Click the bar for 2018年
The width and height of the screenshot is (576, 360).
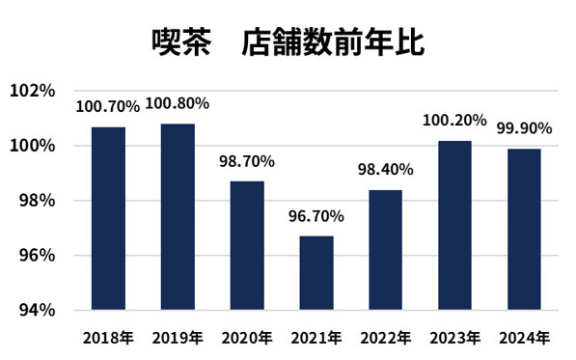pos(109,218)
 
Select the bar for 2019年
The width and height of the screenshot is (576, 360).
pos(178,217)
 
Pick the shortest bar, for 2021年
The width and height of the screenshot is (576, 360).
pos(316,273)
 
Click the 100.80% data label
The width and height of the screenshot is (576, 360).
pos(178,103)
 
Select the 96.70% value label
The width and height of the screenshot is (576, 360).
pos(316,216)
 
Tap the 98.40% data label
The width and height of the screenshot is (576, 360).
pos(386,170)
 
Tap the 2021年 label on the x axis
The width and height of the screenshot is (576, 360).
pos(316,337)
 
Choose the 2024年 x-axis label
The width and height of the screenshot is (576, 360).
pos(524,337)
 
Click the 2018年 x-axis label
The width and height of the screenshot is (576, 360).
pos(109,337)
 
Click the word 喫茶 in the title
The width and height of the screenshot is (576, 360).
pos(180,43)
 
